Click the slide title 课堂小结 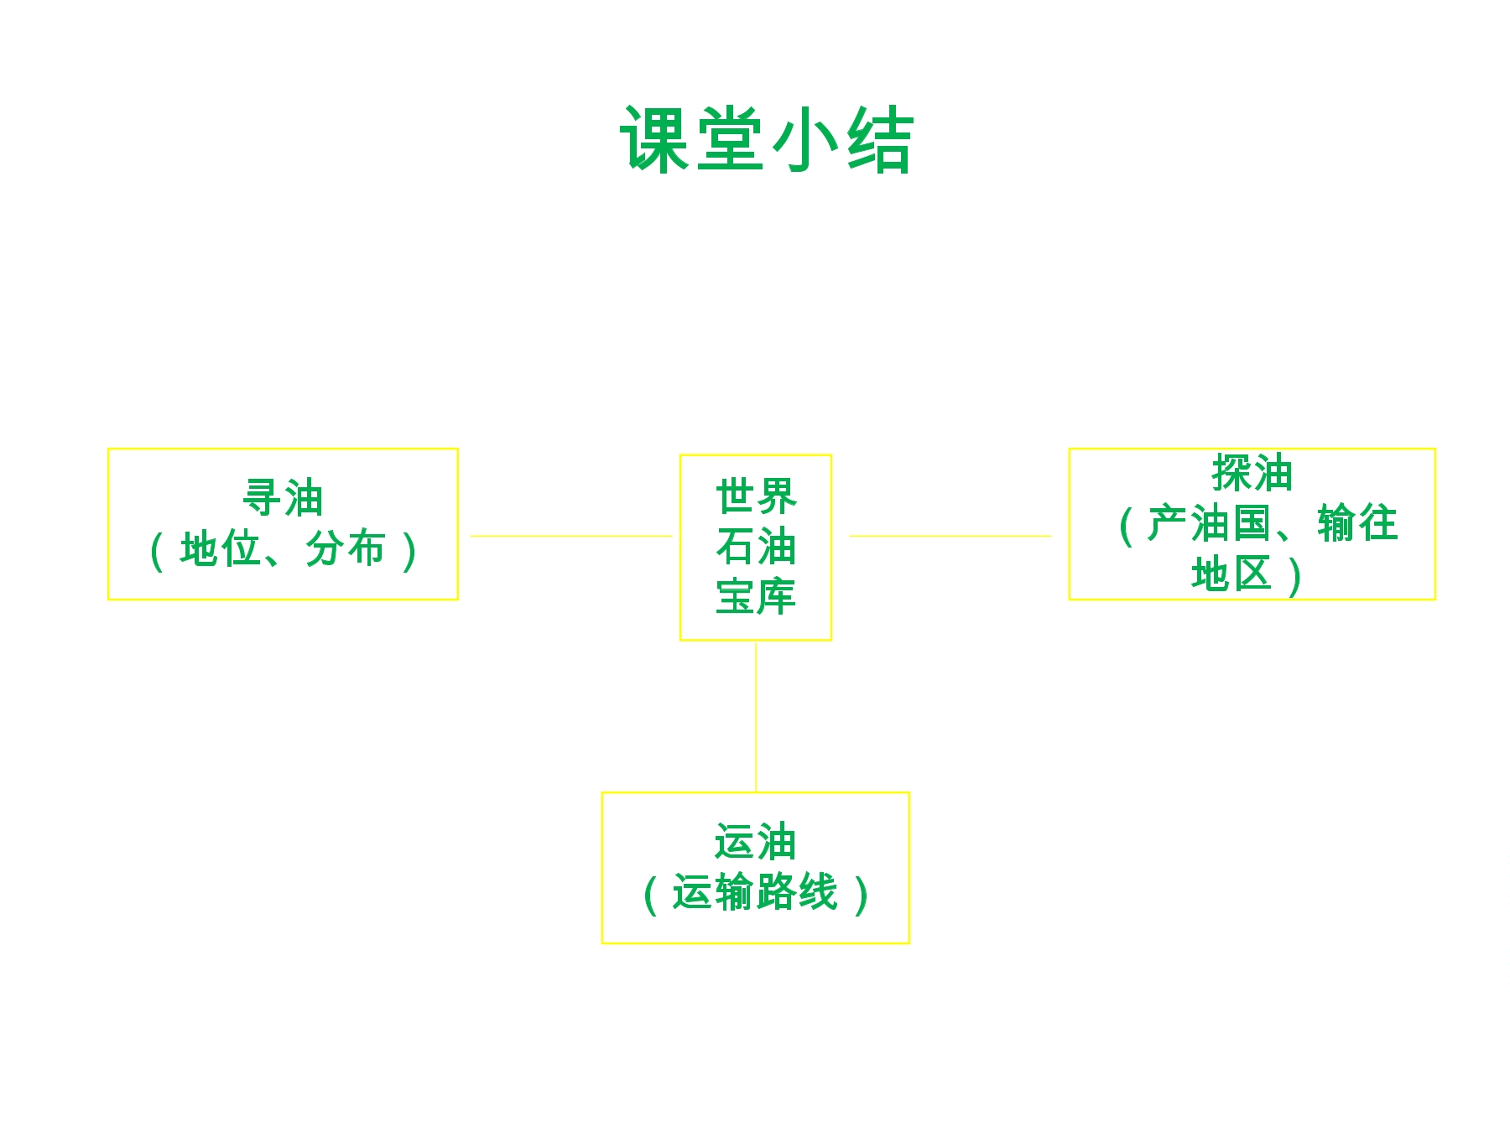(766, 140)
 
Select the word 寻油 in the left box (283, 498)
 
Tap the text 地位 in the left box (220, 549)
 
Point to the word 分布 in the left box (345, 549)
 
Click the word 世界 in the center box (756, 496)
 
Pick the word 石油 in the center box (756, 547)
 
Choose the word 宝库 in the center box (756, 596)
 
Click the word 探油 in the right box (1252, 473)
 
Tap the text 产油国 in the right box (1208, 523)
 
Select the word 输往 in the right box (1357, 523)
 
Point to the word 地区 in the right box (1231, 574)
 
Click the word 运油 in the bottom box (755, 842)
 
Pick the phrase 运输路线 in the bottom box (755, 892)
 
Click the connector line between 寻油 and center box (571, 536)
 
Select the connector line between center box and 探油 (950, 536)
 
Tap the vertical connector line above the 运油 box (756, 717)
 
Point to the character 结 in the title (878, 140)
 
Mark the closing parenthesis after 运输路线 (861, 895)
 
